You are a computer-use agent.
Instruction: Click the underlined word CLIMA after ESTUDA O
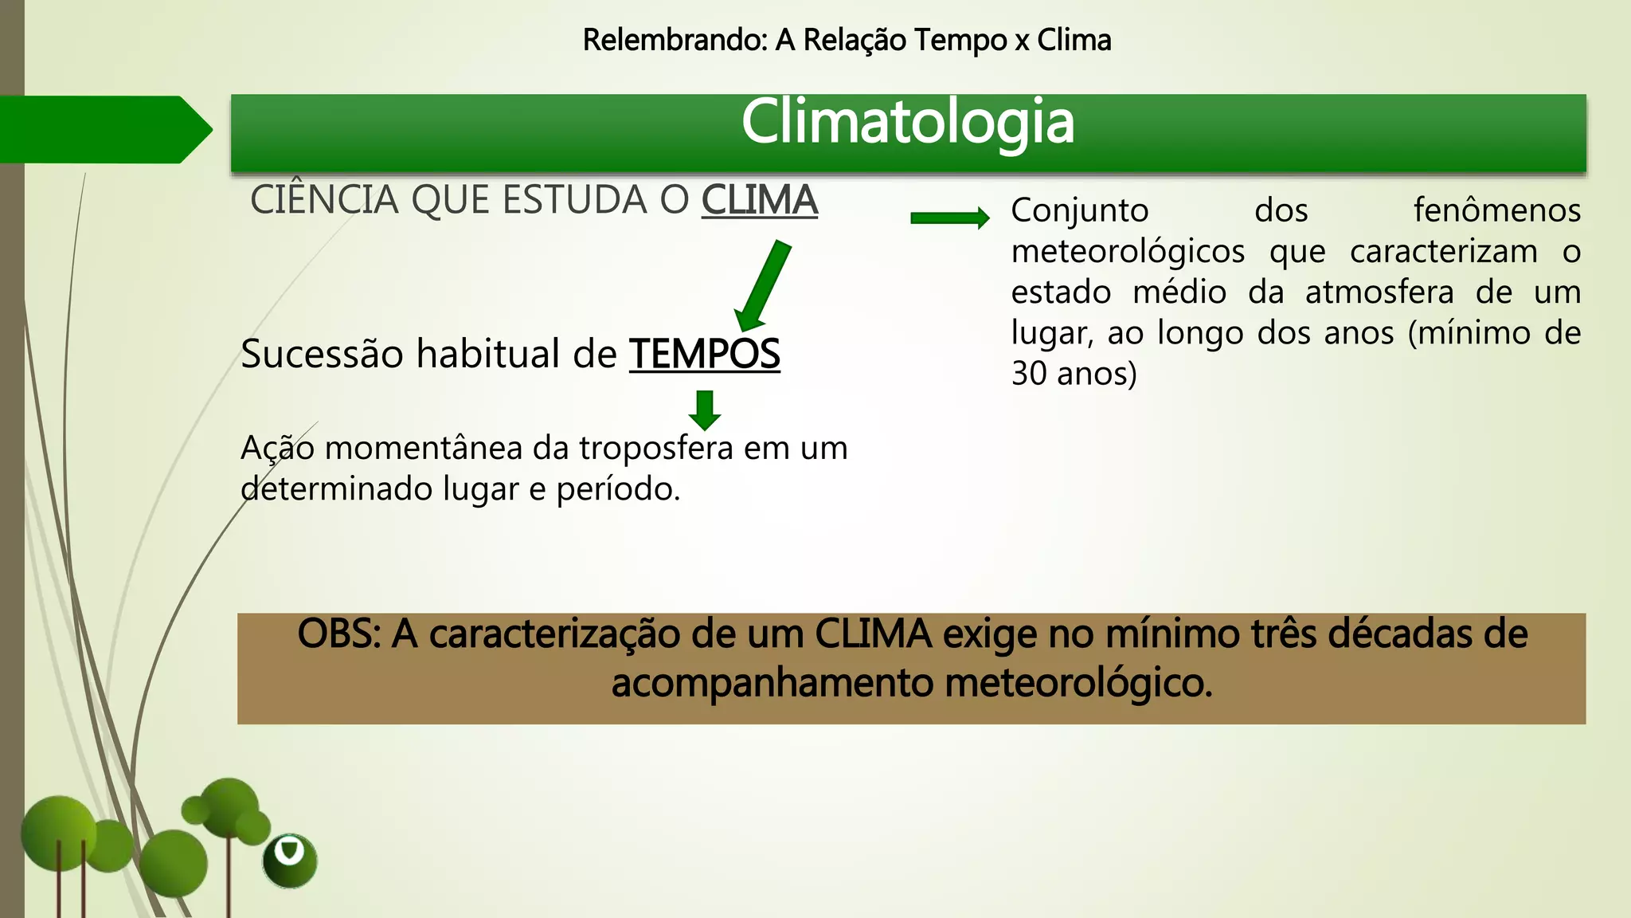[759, 199]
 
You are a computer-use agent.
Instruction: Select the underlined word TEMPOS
[704, 354]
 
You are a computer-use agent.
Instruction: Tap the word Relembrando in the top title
[674, 40]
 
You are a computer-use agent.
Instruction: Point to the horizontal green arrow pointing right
[949, 218]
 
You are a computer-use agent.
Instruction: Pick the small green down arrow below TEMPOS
[705, 410]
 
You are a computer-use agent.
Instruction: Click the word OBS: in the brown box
[339, 634]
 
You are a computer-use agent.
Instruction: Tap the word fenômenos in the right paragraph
[1496, 210]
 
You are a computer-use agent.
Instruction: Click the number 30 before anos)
[1029, 374]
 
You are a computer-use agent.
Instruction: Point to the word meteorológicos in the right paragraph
[1128, 252]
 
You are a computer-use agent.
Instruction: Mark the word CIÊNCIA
[324, 199]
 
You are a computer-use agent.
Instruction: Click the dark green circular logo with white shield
[290, 861]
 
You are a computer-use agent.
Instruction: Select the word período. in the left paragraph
[618, 488]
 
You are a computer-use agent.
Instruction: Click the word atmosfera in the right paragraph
[1379, 292]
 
